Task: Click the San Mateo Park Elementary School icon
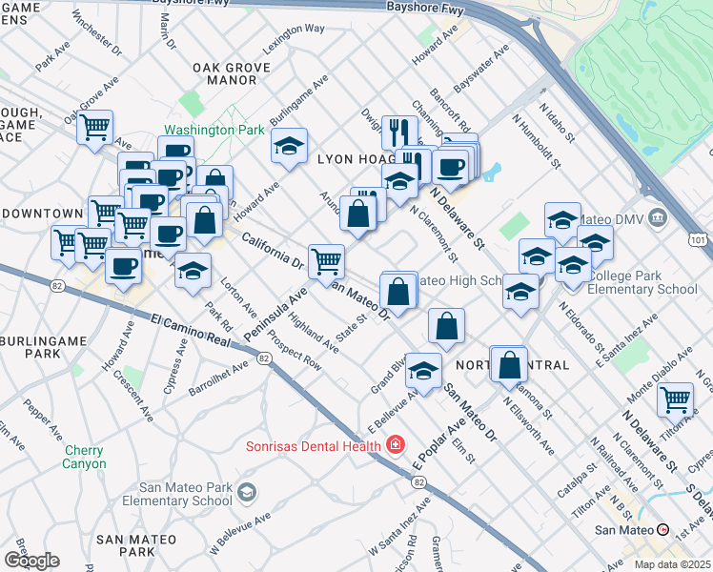pos(247,492)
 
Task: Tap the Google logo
pos(31,560)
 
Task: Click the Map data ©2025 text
pos(673,564)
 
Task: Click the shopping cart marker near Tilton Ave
pos(675,398)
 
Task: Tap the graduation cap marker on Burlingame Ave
pos(289,145)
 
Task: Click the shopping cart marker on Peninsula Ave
pos(326,259)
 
